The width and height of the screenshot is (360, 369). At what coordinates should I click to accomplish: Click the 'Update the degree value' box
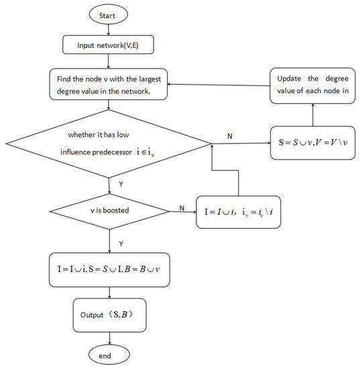coord(312,85)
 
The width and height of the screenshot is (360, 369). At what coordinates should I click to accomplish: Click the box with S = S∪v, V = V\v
coord(312,142)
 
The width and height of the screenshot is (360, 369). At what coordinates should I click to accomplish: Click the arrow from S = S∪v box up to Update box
coord(312,115)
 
